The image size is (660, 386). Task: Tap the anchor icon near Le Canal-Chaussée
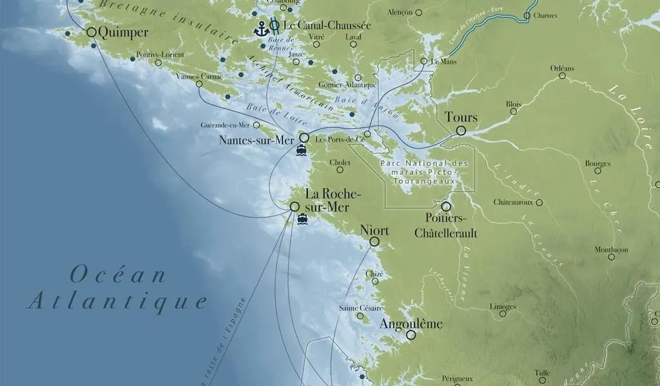261,28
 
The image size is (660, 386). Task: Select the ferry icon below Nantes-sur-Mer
301,151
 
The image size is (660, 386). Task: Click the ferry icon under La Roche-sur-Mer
302,219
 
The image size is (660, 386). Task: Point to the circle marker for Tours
461,131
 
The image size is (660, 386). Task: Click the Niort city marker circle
374,242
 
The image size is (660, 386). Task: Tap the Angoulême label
411,324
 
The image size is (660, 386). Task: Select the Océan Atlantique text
117,288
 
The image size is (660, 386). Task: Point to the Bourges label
597,163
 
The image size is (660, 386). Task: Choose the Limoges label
502,307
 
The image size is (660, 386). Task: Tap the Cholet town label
340,162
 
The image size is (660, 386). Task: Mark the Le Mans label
443,62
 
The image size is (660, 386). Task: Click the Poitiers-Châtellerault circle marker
445,207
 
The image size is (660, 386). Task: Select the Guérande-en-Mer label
226,125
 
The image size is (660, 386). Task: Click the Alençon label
400,12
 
